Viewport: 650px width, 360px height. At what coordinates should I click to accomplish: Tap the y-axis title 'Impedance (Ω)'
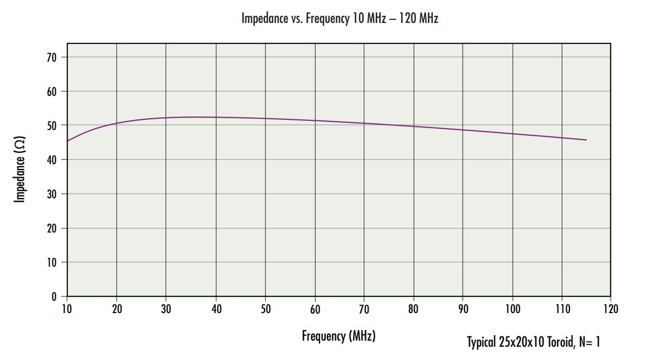[20, 169]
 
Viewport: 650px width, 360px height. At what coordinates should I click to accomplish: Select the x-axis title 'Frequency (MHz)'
[339, 336]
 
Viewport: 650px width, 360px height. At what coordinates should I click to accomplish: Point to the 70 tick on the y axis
[51, 57]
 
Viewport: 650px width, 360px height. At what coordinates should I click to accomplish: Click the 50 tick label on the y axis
[51, 125]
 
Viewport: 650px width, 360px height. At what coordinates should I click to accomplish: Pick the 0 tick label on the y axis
[54, 296]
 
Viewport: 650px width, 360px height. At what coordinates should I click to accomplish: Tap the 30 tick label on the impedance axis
[51, 194]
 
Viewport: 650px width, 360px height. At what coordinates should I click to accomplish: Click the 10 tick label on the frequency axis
[67, 309]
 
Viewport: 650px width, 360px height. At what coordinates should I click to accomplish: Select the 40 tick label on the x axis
[216, 309]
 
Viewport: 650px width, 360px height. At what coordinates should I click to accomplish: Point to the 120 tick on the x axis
[610, 309]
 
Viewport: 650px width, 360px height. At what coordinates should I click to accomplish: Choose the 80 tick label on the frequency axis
[413, 309]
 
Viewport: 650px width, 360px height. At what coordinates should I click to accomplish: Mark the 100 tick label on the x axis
[512, 309]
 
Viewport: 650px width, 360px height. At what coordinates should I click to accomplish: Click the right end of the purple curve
[586, 140]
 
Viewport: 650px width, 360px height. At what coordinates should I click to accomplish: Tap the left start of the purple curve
[67, 141]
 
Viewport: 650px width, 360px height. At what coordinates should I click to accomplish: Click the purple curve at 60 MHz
[315, 120]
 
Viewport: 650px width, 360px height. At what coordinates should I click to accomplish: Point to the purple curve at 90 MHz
[463, 130]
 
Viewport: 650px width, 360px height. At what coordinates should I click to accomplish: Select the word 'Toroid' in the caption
[561, 342]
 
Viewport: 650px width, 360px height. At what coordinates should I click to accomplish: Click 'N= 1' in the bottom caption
[590, 342]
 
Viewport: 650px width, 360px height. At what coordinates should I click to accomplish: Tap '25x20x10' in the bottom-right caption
[520, 342]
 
